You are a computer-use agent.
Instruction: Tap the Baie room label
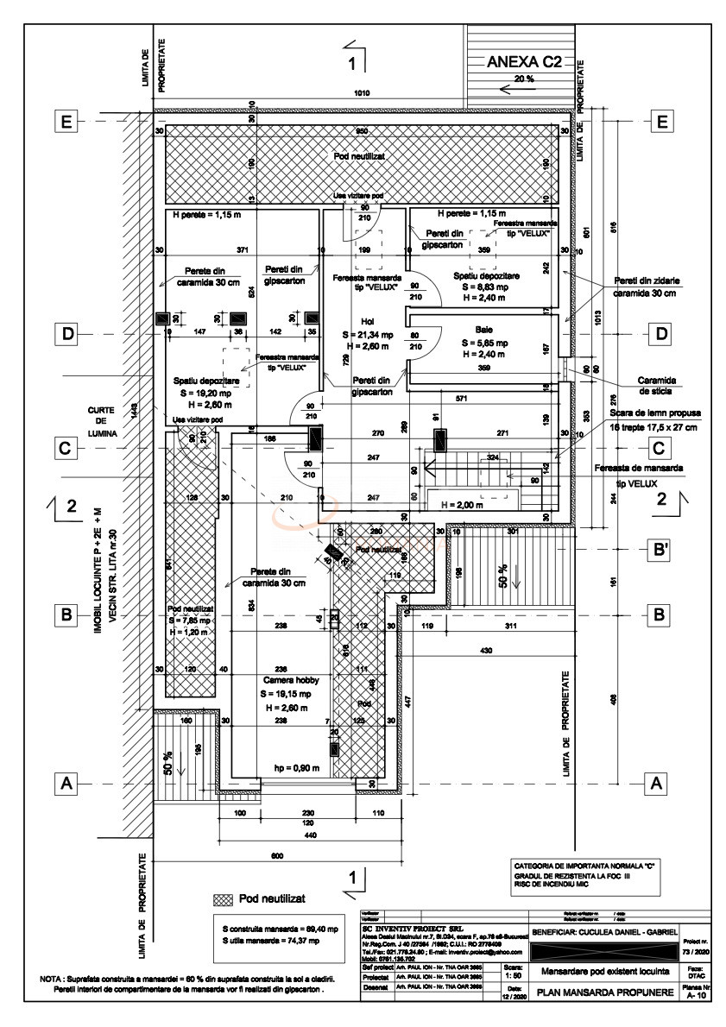tap(483, 329)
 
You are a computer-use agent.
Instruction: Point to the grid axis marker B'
tap(662, 549)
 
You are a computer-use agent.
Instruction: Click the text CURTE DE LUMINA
tap(107, 424)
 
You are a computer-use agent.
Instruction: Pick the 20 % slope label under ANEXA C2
tap(524, 79)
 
